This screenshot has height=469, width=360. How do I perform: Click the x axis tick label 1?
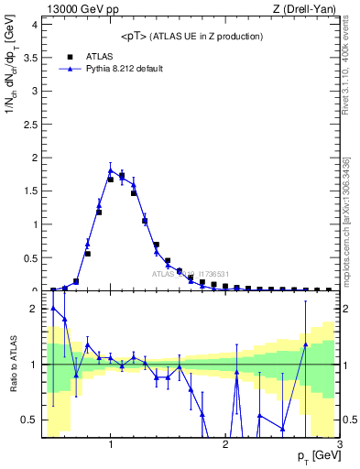click(x=111, y=443)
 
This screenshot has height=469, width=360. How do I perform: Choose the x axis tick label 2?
click(x=225, y=443)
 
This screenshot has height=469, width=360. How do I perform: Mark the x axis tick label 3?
click(x=339, y=443)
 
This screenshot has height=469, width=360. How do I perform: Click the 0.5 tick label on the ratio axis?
click(x=28, y=420)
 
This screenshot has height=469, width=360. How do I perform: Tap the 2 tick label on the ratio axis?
click(x=32, y=309)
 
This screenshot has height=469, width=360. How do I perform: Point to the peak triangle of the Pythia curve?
click(x=111, y=169)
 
